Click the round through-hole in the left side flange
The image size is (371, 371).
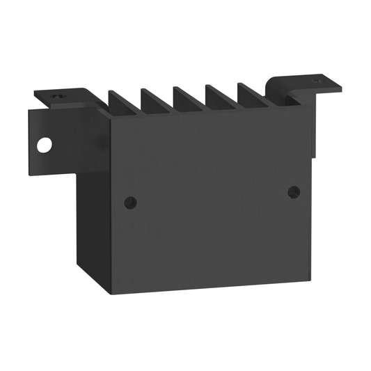45,145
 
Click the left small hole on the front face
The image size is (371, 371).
130,202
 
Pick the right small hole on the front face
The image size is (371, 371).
294,191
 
